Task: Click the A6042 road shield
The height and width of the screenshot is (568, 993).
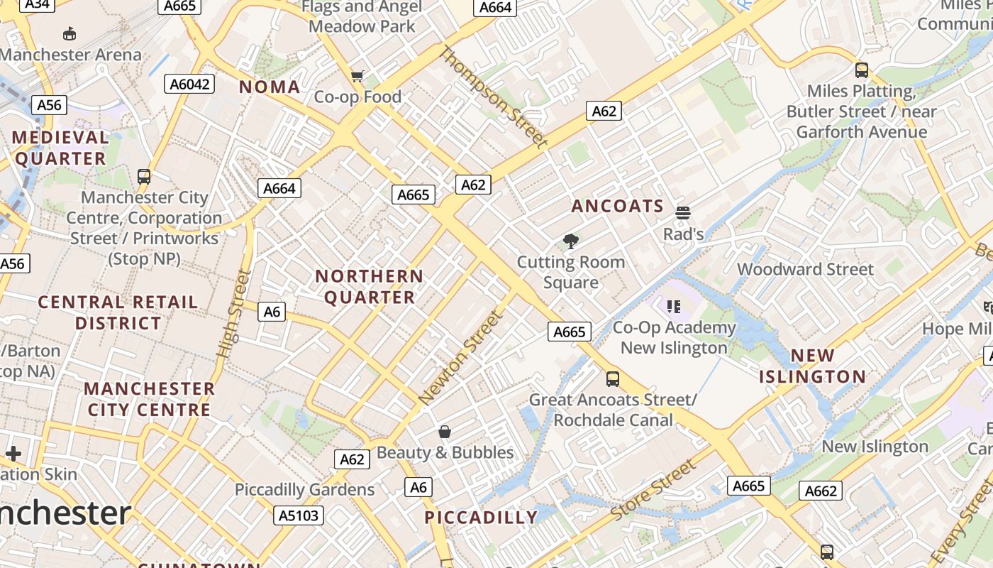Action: click(191, 84)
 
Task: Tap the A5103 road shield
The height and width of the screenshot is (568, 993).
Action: click(299, 515)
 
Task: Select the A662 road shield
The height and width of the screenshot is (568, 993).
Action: click(821, 490)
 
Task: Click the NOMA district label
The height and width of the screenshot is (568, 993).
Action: click(270, 87)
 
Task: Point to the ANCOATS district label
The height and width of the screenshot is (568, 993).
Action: click(617, 207)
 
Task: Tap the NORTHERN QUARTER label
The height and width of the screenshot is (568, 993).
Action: click(369, 287)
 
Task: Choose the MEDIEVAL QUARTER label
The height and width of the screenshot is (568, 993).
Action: click(60, 148)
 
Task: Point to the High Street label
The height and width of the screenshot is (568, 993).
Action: click(235, 313)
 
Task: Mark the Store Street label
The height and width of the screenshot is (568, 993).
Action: click(653, 489)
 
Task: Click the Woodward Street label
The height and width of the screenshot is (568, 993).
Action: click(806, 269)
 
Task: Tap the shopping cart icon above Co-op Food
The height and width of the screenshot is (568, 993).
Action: click(357, 76)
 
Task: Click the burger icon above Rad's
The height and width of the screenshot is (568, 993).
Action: click(683, 212)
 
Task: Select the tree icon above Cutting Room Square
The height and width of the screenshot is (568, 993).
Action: click(570, 241)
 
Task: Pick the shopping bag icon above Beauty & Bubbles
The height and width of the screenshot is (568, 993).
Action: click(445, 431)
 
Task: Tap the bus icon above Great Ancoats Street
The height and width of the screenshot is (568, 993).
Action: click(613, 378)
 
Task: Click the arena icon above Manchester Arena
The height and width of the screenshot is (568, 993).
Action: click(70, 33)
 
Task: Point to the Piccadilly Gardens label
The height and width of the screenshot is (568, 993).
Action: click(304, 489)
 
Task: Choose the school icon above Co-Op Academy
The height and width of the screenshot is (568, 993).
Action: click(673, 307)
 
